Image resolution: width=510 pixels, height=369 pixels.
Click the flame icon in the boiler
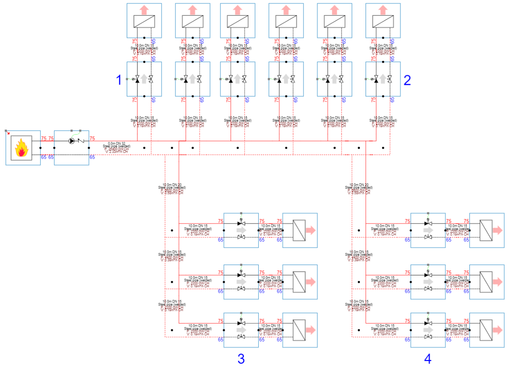[x=21, y=148]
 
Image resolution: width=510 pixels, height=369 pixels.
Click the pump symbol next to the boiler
[x=71, y=141]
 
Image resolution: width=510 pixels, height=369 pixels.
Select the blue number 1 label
[x=119, y=80]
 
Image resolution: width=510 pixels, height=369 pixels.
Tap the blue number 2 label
[x=407, y=80]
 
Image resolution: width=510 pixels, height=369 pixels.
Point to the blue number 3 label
[x=241, y=359]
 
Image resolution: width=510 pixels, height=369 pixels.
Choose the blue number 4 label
[x=428, y=359]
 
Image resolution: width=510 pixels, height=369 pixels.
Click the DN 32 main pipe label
[x=117, y=144]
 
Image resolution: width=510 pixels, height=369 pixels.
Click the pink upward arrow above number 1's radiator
[x=144, y=10]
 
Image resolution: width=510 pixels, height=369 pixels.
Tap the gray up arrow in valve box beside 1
[x=144, y=79]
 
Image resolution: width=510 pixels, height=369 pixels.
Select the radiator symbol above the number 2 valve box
[x=383, y=21]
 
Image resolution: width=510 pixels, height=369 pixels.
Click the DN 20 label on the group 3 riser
[x=172, y=185]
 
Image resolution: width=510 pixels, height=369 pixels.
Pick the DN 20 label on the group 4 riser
[x=359, y=185]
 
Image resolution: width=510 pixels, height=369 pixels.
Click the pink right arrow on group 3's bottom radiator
[x=310, y=330]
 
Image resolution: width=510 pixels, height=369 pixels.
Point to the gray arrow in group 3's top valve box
[x=241, y=230]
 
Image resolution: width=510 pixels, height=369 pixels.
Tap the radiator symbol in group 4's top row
[x=486, y=230]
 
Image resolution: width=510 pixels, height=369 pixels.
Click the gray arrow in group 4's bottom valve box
[x=428, y=330]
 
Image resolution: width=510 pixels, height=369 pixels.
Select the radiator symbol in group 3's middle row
[x=299, y=282]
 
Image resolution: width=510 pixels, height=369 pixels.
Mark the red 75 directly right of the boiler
[x=44, y=138]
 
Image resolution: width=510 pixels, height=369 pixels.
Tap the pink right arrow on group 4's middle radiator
[x=497, y=282]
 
